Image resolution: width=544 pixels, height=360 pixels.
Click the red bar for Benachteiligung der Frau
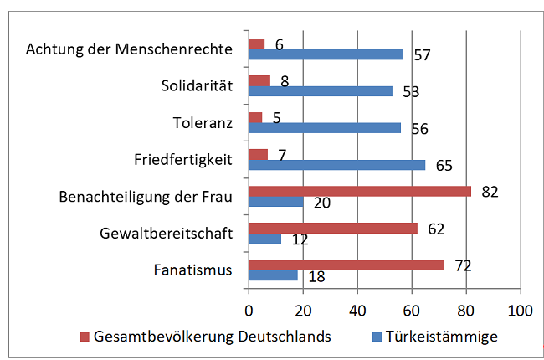pyautogui.click(x=360, y=191)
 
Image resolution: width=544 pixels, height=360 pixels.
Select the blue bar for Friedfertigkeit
pyautogui.click(x=336, y=165)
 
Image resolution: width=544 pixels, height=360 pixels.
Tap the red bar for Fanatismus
pyautogui.click(x=346, y=265)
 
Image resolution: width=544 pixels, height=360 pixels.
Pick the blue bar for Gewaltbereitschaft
pyautogui.click(x=264, y=239)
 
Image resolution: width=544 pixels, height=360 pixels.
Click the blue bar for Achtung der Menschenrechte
pyautogui.click(x=326, y=54)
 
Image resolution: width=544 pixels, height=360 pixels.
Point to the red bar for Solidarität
pyautogui.click(x=259, y=80)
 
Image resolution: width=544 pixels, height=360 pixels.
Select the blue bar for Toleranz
pyautogui.click(x=325, y=128)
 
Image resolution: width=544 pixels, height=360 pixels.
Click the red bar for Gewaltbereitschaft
pyautogui.click(x=333, y=228)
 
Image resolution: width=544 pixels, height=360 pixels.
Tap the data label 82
pyautogui.click(x=490, y=192)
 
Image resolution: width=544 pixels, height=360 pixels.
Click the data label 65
pyautogui.click(x=444, y=166)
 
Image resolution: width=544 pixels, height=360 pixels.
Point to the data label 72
pyautogui.click(x=463, y=266)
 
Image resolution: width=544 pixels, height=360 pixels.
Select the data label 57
pyautogui.click(x=422, y=55)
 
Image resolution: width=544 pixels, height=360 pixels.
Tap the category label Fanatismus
pyautogui.click(x=193, y=270)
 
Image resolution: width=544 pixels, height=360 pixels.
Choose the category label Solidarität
pyautogui.click(x=196, y=85)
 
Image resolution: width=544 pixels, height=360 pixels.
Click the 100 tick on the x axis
pyautogui.click(x=521, y=309)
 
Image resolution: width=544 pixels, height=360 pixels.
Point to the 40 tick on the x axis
pyautogui.click(x=357, y=309)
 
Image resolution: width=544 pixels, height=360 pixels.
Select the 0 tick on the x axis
pyautogui.click(x=249, y=309)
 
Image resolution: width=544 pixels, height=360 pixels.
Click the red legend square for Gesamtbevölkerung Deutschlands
pyautogui.click(x=84, y=337)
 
